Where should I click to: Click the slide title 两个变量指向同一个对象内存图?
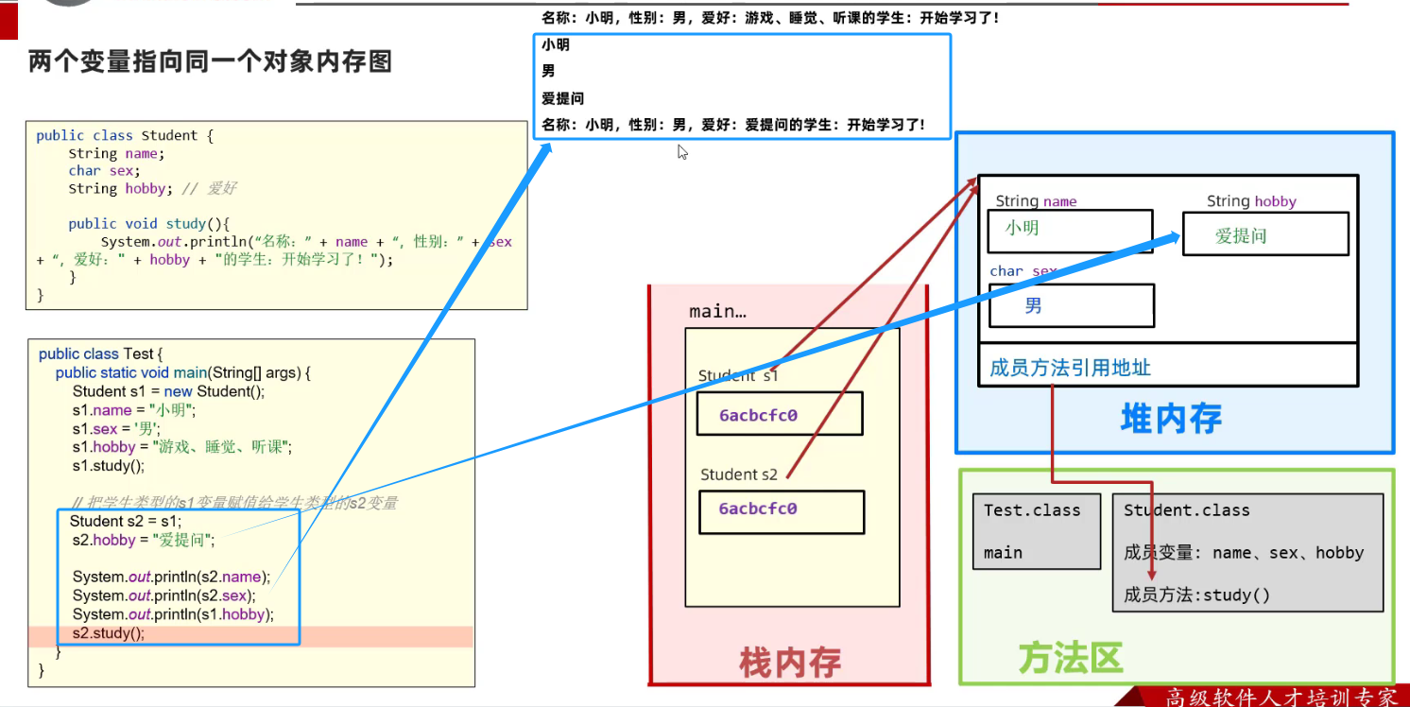click(210, 62)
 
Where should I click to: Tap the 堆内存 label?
click(1171, 417)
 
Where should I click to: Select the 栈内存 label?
click(789, 662)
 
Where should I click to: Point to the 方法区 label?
click(1070, 657)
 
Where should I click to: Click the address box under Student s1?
click(780, 414)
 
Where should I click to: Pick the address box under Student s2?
click(782, 510)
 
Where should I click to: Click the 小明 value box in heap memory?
click(1070, 230)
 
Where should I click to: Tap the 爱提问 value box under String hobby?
click(1264, 234)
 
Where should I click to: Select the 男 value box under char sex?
click(1071, 305)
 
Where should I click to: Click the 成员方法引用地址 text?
click(1070, 367)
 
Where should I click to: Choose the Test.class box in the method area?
click(1037, 530)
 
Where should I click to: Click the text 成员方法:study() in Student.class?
click(1196, 595)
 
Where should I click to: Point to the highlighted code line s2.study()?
click(109, 633)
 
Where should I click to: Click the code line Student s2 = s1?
click(126, 521)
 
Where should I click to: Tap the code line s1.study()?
click(108, 465)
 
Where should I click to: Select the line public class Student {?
click(125, 135)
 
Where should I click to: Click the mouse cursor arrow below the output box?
click(682, 151)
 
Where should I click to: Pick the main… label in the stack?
click(717, 311)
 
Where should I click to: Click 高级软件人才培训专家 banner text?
click(1281, 697)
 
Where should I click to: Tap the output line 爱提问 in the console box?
click(562, 98)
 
